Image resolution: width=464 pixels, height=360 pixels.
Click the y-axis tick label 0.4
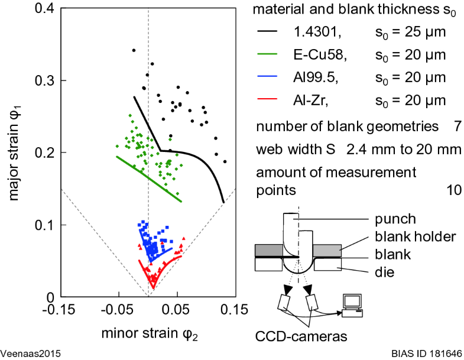click(45, 9)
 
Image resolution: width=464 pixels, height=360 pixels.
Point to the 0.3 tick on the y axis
click(45, 81)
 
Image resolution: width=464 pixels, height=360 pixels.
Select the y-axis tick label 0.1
click(45, 225)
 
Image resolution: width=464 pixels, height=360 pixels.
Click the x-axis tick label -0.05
click(118, 309)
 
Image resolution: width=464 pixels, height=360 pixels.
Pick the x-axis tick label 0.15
click(235, 309)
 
